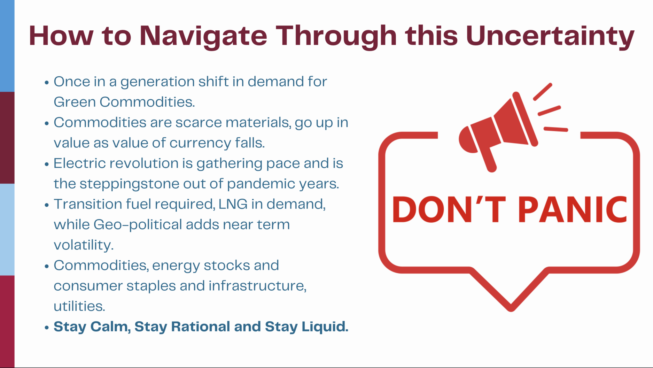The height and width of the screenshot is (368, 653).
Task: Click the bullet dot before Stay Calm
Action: pyautogui.click(x=47, y=328)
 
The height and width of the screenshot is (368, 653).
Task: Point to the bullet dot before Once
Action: pyautogui.click(x=47, y=83)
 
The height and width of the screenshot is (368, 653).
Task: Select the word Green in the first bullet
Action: pyautogui.click(x=75, y=102)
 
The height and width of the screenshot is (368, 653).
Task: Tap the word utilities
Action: pyautogui.click(x=79, y=306)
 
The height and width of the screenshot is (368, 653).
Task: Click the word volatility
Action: pyautogui.click(x=84, y=245)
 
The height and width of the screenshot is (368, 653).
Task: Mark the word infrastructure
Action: pyautogui.click(x=257, y=286)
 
